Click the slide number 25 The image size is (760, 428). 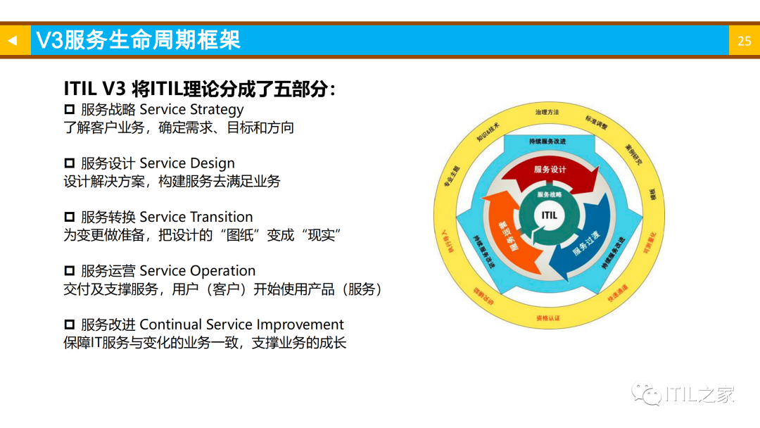[744, 41]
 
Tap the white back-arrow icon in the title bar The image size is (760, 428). [12, 41]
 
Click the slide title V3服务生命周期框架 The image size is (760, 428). [138, 40]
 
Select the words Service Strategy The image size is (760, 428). [191, 109]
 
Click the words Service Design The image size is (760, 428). [187, 163]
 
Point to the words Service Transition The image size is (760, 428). [196, 217]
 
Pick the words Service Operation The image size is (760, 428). [198, 271]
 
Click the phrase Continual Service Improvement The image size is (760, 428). [242, 325]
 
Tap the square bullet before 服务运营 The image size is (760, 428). [69, 271]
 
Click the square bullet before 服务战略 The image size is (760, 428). [69, 109]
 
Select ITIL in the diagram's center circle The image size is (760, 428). [549, 215]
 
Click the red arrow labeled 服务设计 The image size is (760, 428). [550, 170]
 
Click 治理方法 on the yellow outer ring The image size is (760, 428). [547, 112]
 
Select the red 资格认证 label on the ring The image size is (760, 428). [548, 318]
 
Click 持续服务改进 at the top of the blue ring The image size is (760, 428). [547, 141]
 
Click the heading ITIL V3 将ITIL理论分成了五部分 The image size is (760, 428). [200, 89]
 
